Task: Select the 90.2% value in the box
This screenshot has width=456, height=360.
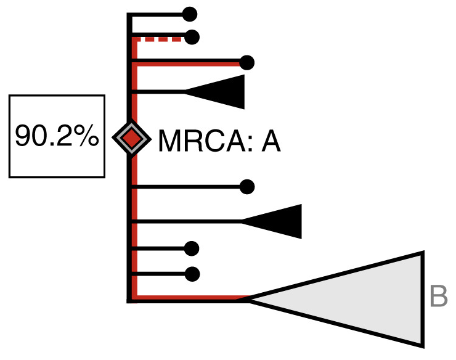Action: pyautogui.click(x=57, y=136)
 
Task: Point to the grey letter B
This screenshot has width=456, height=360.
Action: pyautogui.click(x=438, y=297)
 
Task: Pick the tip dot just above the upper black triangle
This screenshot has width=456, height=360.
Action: pyautogui.click(x=247, y=62)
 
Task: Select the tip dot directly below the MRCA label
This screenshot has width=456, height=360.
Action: pyautogui.click(x=247, y=186)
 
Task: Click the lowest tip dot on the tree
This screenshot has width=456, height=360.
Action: pyautogui.click(x=192, y=273)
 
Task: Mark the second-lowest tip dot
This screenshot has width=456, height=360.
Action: pyautogui.click(x=192, y=248)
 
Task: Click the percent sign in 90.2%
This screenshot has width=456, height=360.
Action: pyautogui.click(x=88, y=136)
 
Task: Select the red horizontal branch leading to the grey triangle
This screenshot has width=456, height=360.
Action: pyautogui.click(x=191, y=299)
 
